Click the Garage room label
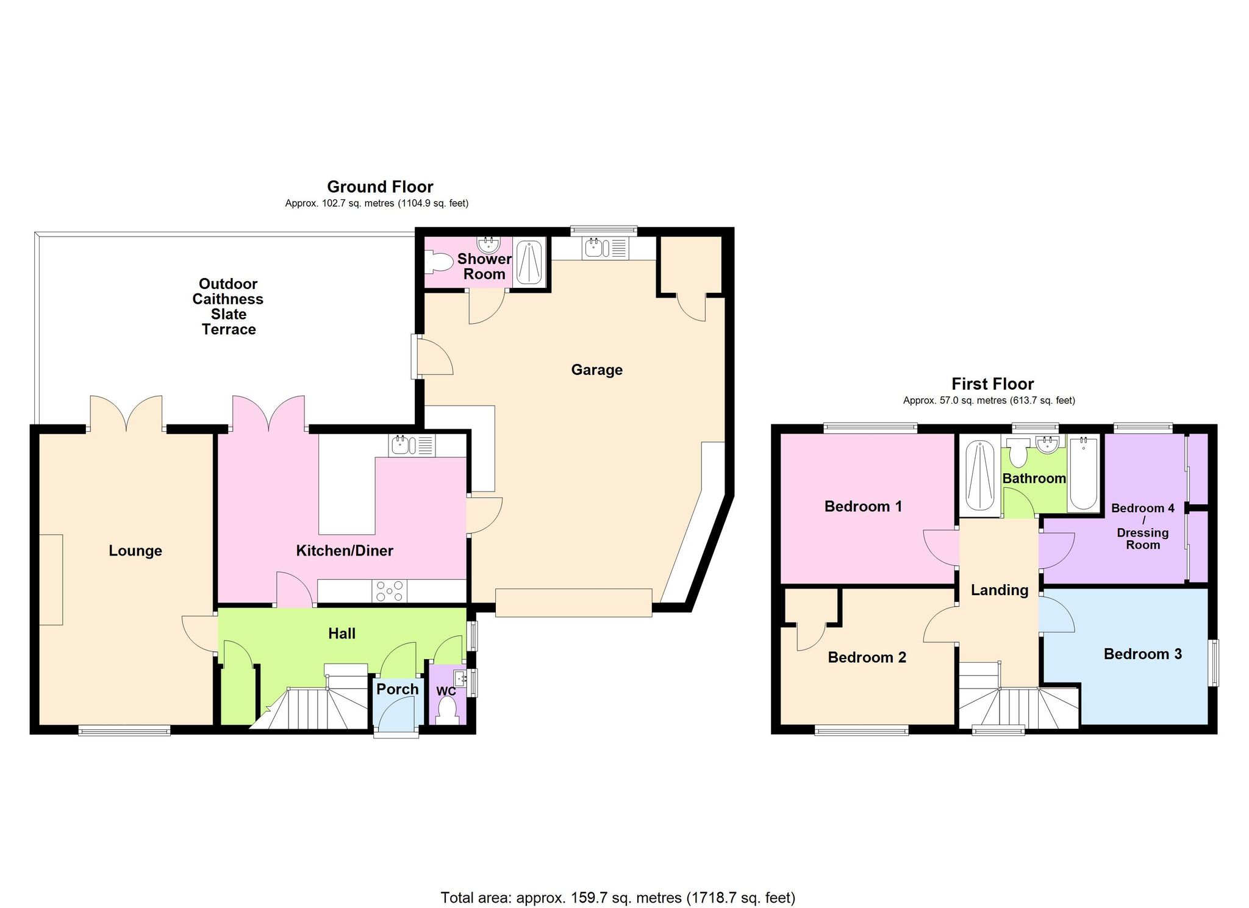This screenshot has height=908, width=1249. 596,370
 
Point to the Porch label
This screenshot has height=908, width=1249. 397,689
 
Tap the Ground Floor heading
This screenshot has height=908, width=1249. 380,187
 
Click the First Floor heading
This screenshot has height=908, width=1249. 992,384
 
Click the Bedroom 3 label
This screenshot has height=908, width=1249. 1142,654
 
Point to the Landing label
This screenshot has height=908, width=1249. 999,590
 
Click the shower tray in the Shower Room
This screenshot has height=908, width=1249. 529,262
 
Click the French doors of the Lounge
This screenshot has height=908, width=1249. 126,413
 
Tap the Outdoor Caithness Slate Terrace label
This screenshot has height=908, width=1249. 228,306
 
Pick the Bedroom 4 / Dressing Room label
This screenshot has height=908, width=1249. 1142,526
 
